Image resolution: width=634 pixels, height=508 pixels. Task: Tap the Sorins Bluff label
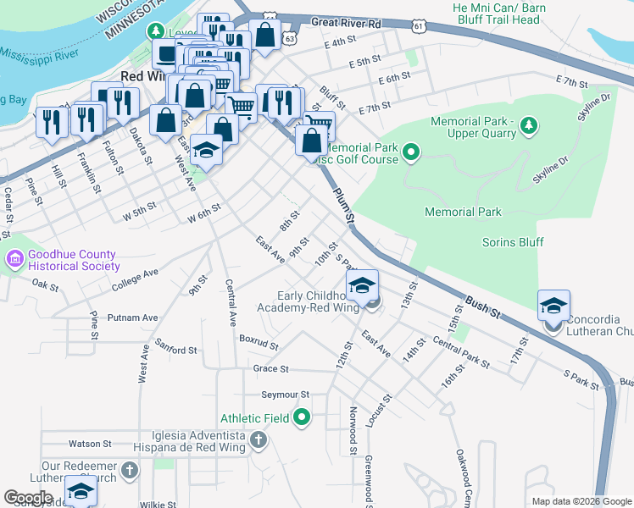point(513,242)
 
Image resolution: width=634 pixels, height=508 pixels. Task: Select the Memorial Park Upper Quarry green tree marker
point(529,126)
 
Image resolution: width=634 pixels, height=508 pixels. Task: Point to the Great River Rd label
point(346,24)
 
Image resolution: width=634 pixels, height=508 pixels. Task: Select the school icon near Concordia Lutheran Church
point(553,305)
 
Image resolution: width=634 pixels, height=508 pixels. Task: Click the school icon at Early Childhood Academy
point(362,285)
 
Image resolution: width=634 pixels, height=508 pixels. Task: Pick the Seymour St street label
point(286,395)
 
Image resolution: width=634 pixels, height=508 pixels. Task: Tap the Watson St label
point(90,443)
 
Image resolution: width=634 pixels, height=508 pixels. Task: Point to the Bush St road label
point(482,306)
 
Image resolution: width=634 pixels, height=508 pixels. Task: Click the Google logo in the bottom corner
point(28,498)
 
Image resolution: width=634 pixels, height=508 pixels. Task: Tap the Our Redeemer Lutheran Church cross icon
point(129,470)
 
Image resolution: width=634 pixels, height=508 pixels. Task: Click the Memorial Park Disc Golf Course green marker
point(411,153)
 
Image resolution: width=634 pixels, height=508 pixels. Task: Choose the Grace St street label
point(271,369)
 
